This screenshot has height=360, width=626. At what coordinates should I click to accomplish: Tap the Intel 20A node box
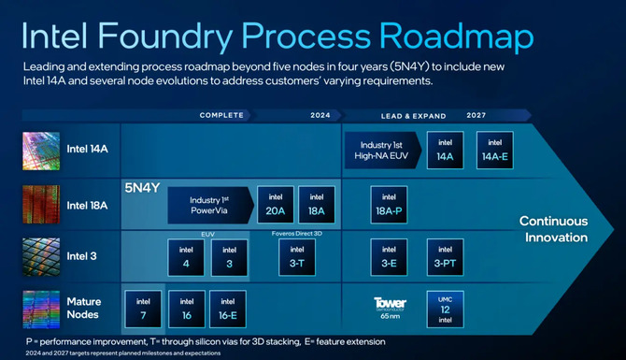point(275,204)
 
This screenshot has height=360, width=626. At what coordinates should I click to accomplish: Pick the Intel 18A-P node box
point(390,205)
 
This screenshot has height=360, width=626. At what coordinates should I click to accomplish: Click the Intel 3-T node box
point(296,257)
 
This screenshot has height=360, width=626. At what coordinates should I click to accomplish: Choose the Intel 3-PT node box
point(446,257)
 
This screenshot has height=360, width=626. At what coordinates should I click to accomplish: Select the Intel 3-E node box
point(390,257)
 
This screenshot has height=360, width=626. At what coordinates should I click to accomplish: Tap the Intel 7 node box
point(143,308)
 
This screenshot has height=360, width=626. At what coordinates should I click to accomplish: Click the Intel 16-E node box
point(227,308)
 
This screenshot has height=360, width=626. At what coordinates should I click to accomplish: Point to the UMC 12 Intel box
point(446,308)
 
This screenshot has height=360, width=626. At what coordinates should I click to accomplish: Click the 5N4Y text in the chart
point(143,187)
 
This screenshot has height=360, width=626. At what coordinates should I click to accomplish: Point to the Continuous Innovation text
point(553,229)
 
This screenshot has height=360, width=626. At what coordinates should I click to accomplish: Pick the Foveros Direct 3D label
point(296,232)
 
